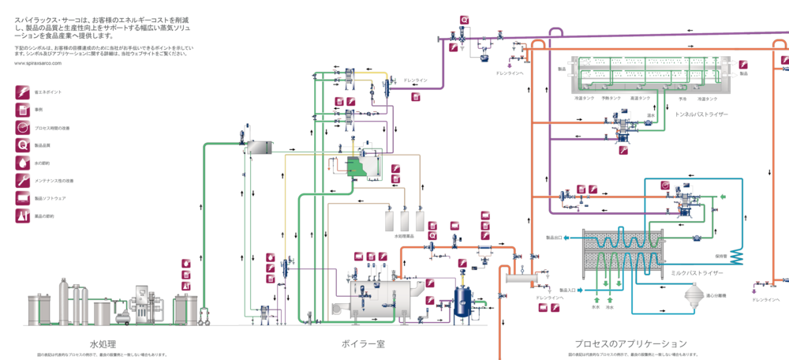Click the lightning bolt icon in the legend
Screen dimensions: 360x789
point(23,92)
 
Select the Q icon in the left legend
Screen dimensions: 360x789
point(23,144)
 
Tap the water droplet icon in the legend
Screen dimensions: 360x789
point(23,163)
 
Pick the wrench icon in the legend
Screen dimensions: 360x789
point(23,180)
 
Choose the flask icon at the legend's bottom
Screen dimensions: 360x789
point(23,214)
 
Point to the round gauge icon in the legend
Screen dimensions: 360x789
point(23,127)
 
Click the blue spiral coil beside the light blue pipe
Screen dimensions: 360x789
point(735,253)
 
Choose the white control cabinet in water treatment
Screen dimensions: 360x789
point(145,303)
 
